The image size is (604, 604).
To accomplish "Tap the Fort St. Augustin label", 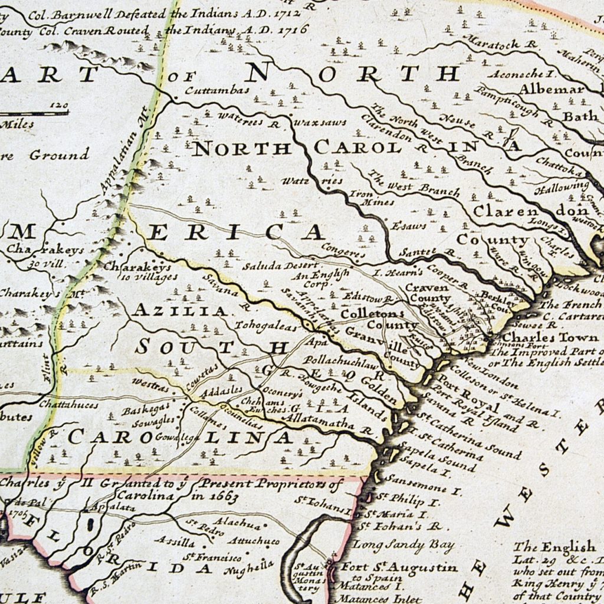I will pyautogui.click(x=399, y=567).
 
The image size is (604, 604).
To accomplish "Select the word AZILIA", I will pyautogui.click(x=180, y=310).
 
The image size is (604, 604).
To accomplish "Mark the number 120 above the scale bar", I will pyautogui.click(x=58, y=105).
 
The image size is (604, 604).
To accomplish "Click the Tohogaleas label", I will pyautogui.click(x=260, y=325).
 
